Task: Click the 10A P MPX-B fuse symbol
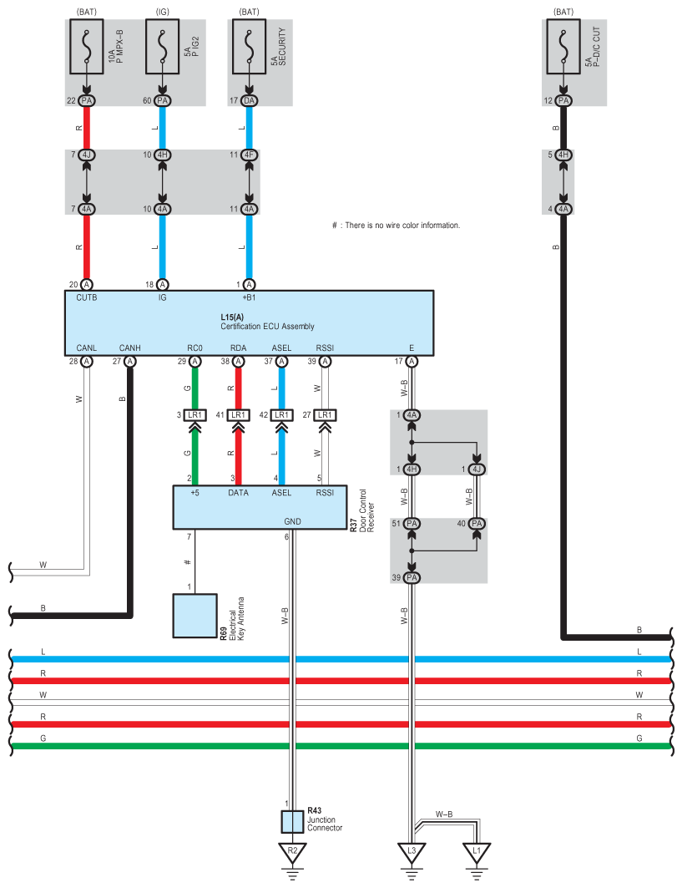(x=86, y=47)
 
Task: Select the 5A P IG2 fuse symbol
(x=163, y=47)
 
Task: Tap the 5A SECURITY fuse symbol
(x=249, y=47)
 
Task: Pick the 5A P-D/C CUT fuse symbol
(x=563, y=47)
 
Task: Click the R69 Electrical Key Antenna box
(x=194, y=616)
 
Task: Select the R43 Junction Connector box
(x=293, y=822)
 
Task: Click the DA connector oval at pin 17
(x=249, y=101)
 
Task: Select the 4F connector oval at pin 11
(x=249, y=155)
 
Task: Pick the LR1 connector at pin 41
(x=238, y=415)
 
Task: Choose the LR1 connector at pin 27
(x=325, y=415)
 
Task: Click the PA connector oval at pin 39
(x=412, y=577)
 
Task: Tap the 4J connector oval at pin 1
(x=477, y=469)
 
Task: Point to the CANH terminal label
(x=129, y=348)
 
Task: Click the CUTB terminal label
(x=87, y=297)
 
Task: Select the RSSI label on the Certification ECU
(x=325, y=348)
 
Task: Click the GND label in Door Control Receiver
(x=293, y=521)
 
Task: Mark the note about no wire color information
(x=397, y=226)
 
